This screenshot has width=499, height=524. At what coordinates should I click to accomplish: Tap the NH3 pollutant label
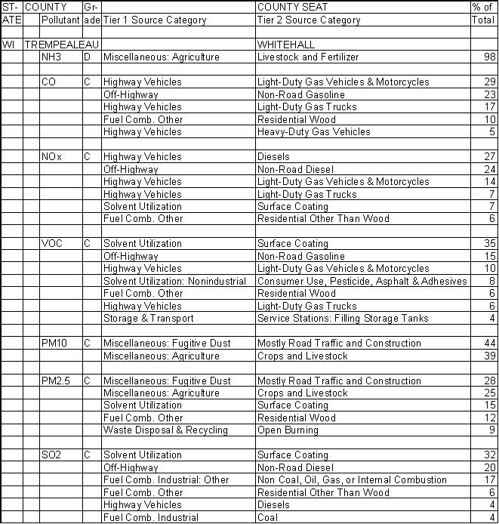[x=51, y=57]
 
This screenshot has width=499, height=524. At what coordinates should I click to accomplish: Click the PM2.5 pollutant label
[x=56, y=381]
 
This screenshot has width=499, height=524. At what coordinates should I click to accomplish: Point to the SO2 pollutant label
[x=51, y=455]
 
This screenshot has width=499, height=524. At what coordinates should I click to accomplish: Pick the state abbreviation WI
[x=9, y=45]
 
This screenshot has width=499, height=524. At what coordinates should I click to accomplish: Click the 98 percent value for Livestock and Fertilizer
[x=489, y=57]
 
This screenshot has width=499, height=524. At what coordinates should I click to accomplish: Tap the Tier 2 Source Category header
[x=309, y=20]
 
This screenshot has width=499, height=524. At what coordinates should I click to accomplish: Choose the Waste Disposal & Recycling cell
[x=165, y=430]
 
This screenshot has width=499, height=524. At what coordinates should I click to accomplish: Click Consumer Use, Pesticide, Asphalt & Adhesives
[x=362, y=282]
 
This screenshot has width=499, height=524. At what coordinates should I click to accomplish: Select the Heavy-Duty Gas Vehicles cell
[x=313, y=132]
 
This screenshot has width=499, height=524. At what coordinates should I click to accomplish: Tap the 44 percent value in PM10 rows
[x=489, y=344]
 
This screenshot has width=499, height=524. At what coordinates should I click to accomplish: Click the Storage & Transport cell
[x=148, y=319]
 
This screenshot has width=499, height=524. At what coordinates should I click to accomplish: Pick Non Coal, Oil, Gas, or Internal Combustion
[x=352, y=480]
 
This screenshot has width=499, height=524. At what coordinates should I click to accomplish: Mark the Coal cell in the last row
[x=267, y=518]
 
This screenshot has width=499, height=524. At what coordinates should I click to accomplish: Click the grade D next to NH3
[x=88, y=57]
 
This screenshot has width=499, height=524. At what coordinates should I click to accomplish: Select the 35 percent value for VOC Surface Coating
[x=489, y=244]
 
